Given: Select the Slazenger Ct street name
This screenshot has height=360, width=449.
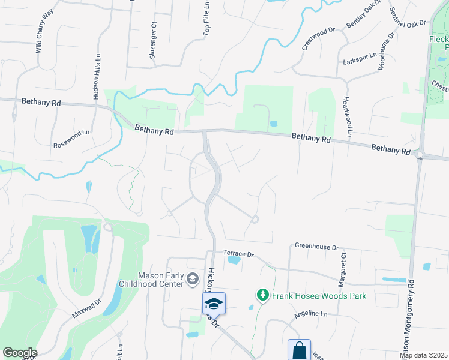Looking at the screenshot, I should tap(152, 40).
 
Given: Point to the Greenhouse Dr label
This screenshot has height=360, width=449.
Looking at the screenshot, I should tap(317, 246).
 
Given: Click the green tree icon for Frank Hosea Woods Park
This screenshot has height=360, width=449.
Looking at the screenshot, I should tap(262, 295).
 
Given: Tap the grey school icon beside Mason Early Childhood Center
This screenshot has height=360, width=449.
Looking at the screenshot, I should tap(193, 278).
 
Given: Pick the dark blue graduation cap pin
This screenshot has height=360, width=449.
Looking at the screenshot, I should tap(213, 304).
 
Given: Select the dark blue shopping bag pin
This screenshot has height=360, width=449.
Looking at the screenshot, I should tap(299, 350).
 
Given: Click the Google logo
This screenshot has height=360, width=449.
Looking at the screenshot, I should tap(20, 353).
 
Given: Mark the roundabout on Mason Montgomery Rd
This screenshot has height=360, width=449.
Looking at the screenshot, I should tap(420, 155).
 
